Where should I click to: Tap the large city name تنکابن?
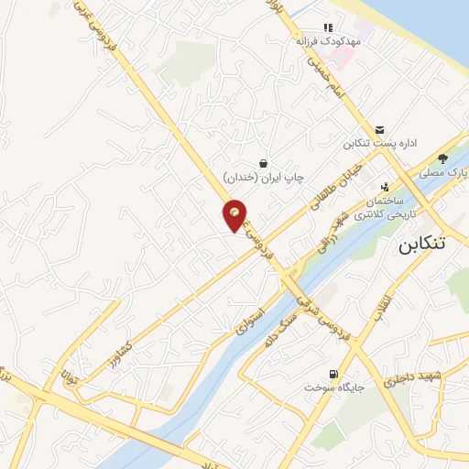coord(426,245)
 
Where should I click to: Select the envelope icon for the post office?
coord(380,129)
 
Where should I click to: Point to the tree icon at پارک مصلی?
coord(442,158)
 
